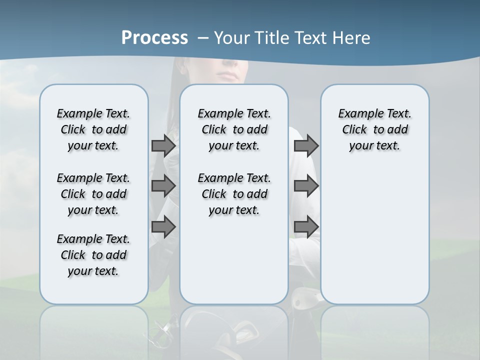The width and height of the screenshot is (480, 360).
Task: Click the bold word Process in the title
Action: pos(154,38)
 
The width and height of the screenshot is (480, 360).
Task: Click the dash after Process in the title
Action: pos(203,38)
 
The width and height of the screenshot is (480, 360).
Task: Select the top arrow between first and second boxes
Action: pos(163,145)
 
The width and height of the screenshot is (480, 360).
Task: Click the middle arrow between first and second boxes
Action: pos(163,186)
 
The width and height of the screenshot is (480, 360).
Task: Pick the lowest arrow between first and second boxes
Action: pos(163,226)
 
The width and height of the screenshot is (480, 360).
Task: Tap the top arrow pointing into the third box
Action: pos(306,145)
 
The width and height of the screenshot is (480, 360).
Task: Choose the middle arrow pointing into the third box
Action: pos(306,186)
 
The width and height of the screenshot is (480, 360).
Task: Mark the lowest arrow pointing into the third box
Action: pos(306,226)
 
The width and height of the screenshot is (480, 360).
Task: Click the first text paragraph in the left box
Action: pos(93,129)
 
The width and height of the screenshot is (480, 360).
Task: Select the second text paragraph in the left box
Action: pos(93,194)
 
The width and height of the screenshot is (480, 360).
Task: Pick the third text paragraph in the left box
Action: pos(93,255)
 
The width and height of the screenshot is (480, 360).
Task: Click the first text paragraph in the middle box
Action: pos(234,129)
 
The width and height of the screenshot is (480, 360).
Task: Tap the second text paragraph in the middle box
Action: pos(234,194)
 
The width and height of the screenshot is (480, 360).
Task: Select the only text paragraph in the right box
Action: pos(374,129)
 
